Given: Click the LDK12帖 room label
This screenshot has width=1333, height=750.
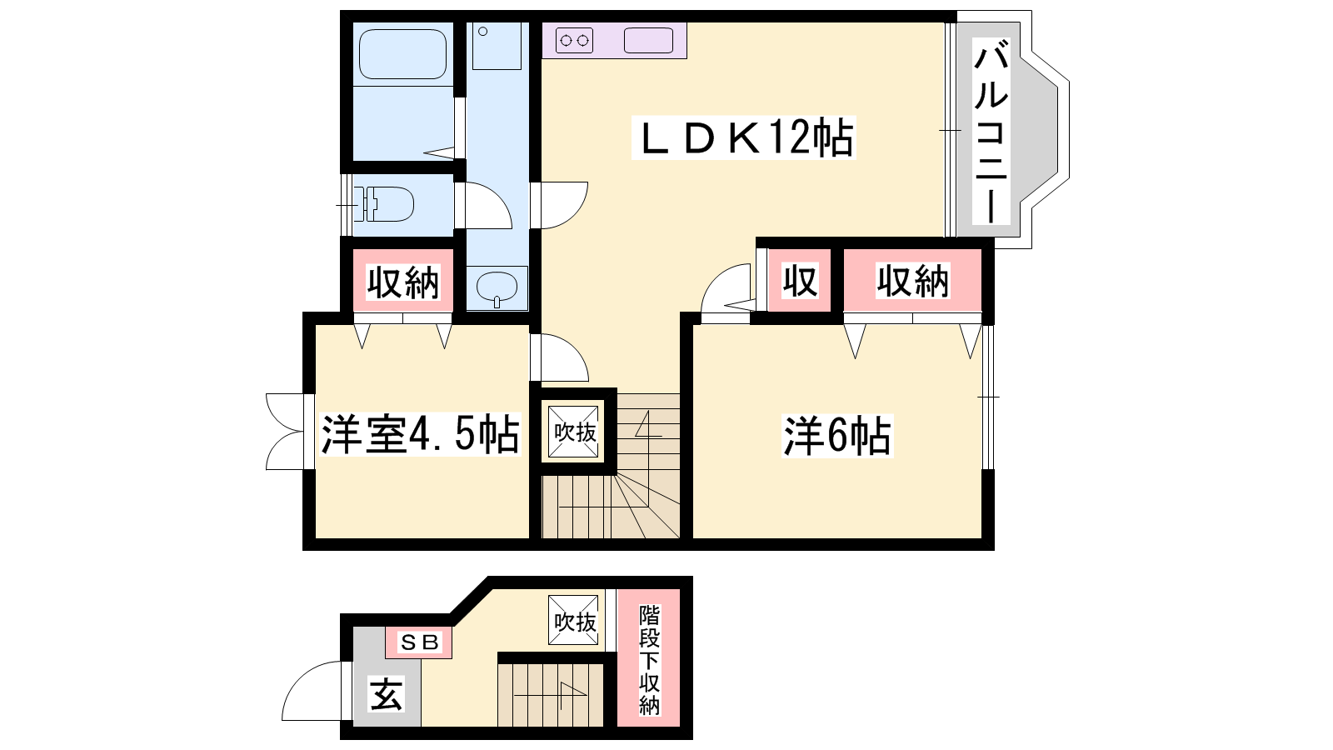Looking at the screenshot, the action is coord(743,137).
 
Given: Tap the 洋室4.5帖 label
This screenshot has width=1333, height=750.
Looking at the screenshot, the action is coord(420,434).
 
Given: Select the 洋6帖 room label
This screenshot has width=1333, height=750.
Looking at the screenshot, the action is coord(837,437).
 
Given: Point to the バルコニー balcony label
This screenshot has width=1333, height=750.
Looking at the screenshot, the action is coord(991,131).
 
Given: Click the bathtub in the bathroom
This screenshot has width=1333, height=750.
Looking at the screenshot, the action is coord(402,53).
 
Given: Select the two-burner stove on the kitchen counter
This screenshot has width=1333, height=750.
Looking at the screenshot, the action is coord(575,41).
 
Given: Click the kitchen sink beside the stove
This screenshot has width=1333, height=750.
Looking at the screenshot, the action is coord(649,41).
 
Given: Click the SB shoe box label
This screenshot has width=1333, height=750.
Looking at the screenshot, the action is coord(419,642).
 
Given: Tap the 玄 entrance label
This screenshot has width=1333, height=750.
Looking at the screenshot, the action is coord(387,694).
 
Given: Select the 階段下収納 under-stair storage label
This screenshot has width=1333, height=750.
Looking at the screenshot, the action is coord(649,659).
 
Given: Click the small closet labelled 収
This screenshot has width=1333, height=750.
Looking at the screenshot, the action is coord(799,280).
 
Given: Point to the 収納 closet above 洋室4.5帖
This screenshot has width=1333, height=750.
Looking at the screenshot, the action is coord(403,281).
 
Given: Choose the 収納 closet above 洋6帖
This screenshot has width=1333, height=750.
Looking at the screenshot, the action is coord(912,280).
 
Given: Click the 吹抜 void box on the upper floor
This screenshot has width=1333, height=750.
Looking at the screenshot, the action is coord(573,432).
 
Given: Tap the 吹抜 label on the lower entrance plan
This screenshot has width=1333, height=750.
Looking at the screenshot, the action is coord(573,620).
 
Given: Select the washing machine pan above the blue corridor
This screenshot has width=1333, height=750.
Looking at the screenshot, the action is coord(497,47).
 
